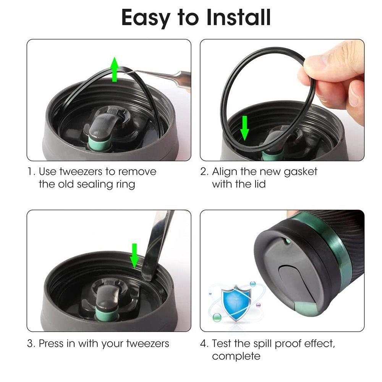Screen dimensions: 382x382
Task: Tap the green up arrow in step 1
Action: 114,70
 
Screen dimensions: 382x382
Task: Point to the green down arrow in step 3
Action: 134,255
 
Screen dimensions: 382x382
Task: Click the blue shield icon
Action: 234,302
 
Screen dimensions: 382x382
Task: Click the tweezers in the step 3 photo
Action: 157,244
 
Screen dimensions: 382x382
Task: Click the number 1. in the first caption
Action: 31,172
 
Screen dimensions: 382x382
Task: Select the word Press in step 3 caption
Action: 52,343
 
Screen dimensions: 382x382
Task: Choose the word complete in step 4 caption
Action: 236,356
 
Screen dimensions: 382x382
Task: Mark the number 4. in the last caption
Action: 204,343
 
